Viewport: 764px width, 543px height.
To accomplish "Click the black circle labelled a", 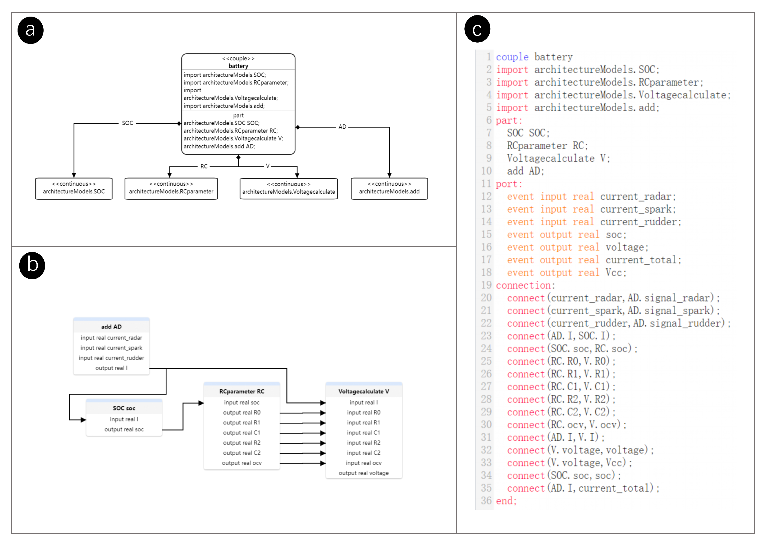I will (30, 30).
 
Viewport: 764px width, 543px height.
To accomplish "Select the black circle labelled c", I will (477, 29).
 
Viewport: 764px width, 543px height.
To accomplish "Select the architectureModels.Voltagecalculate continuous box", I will (288, 189).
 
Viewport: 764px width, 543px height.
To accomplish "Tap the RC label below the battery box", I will (204, 166).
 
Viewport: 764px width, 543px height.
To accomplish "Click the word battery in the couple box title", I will (238, 66).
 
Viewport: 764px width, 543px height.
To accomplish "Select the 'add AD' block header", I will (111, 326).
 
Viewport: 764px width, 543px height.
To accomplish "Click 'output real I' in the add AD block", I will (111, 368).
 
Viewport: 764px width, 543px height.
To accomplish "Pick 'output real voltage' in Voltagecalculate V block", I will (364, 473).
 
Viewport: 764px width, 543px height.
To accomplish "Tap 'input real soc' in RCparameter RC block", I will (242, 402).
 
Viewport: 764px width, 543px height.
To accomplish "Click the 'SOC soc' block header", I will (124, 408).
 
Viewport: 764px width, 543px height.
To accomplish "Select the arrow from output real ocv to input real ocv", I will (302, 463).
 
